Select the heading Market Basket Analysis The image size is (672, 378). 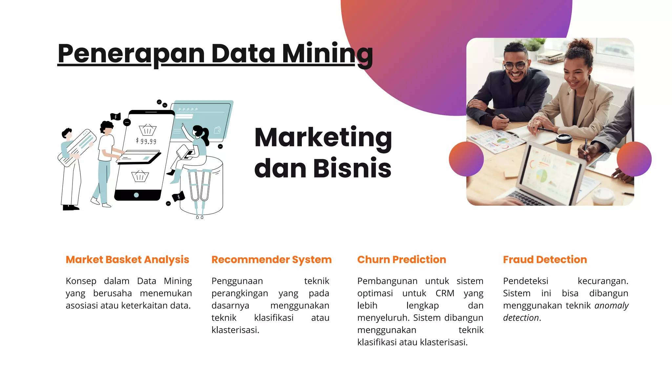[x=127, y=260]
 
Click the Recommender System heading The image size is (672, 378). [x=271, y=260]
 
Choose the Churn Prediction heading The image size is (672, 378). [x=402, y=260]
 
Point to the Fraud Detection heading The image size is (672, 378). [x=545, y=260]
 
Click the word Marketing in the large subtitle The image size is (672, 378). [x=323, y=137]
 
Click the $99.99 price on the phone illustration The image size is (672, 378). [x=146, y=141]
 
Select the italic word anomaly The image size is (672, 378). [x=611, y=305]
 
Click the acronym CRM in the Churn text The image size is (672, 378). [x=445, y=293]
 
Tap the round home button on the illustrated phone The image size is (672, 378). [x=136, y=195]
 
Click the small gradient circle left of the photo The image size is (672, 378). [x=466, y=159]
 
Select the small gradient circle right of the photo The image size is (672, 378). [x=634, y=159]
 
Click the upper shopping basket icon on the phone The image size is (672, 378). [x=148, y=130]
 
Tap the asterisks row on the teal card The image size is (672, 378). [x=188, y=109]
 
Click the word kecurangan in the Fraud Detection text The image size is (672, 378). [x=603, y=281]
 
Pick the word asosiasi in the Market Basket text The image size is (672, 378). [x=82, y=305]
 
